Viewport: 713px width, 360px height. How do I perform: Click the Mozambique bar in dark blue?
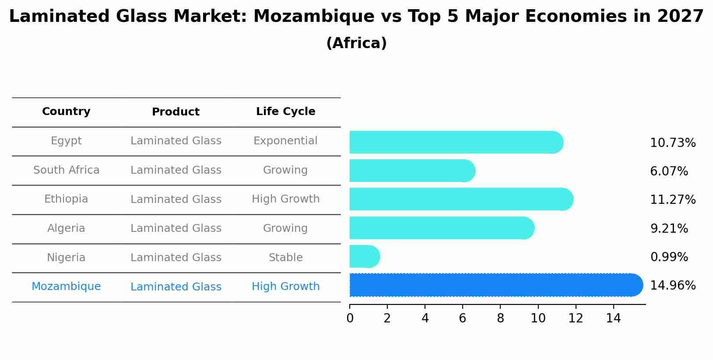[495, 285]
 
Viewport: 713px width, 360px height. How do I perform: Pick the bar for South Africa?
[411, 171]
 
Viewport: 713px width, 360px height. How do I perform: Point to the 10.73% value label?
[672, 143]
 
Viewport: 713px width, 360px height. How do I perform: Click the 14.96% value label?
[672, 286]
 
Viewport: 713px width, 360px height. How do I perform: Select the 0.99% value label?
[669, 257]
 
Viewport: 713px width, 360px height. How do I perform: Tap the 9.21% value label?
[669, 229]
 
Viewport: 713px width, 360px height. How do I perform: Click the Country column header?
[66, 112]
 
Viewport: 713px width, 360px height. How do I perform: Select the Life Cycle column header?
[285, 112]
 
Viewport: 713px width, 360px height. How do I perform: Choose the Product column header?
[176, 112]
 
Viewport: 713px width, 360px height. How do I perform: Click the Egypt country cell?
[66, 141]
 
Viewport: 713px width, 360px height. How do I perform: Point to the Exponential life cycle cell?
[285, 141]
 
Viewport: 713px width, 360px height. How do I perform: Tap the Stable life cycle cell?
[285, 258]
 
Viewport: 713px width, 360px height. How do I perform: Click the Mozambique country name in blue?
[66, 287]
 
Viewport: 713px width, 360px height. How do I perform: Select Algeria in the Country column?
[66, 228]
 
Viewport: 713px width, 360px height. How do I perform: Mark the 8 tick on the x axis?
[500, 318]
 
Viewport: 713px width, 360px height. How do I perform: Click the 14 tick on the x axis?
[613, 318]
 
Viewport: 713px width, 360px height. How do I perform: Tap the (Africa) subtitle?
[356, 43]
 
